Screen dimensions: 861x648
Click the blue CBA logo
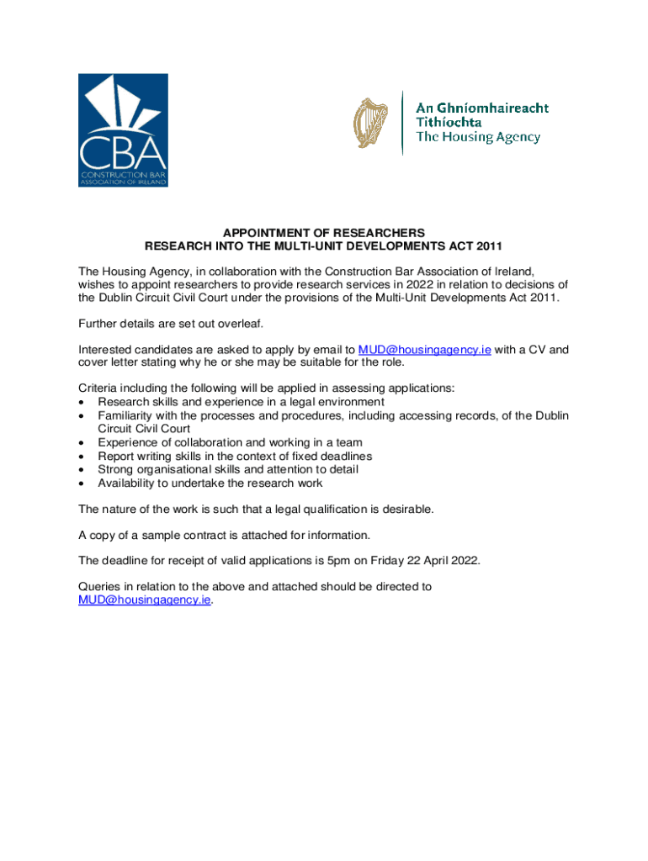[123, 130]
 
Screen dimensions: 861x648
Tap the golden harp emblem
[366, 123]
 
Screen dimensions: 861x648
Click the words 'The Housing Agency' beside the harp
[478, 138]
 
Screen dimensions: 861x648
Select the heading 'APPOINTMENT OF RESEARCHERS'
[324, 232]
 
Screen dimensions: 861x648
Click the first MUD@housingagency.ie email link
[424, 350]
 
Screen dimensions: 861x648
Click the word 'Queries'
[100, 587]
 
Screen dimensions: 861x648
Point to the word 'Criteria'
[99, 388]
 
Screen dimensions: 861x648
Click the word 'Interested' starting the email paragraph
[107, 350]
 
